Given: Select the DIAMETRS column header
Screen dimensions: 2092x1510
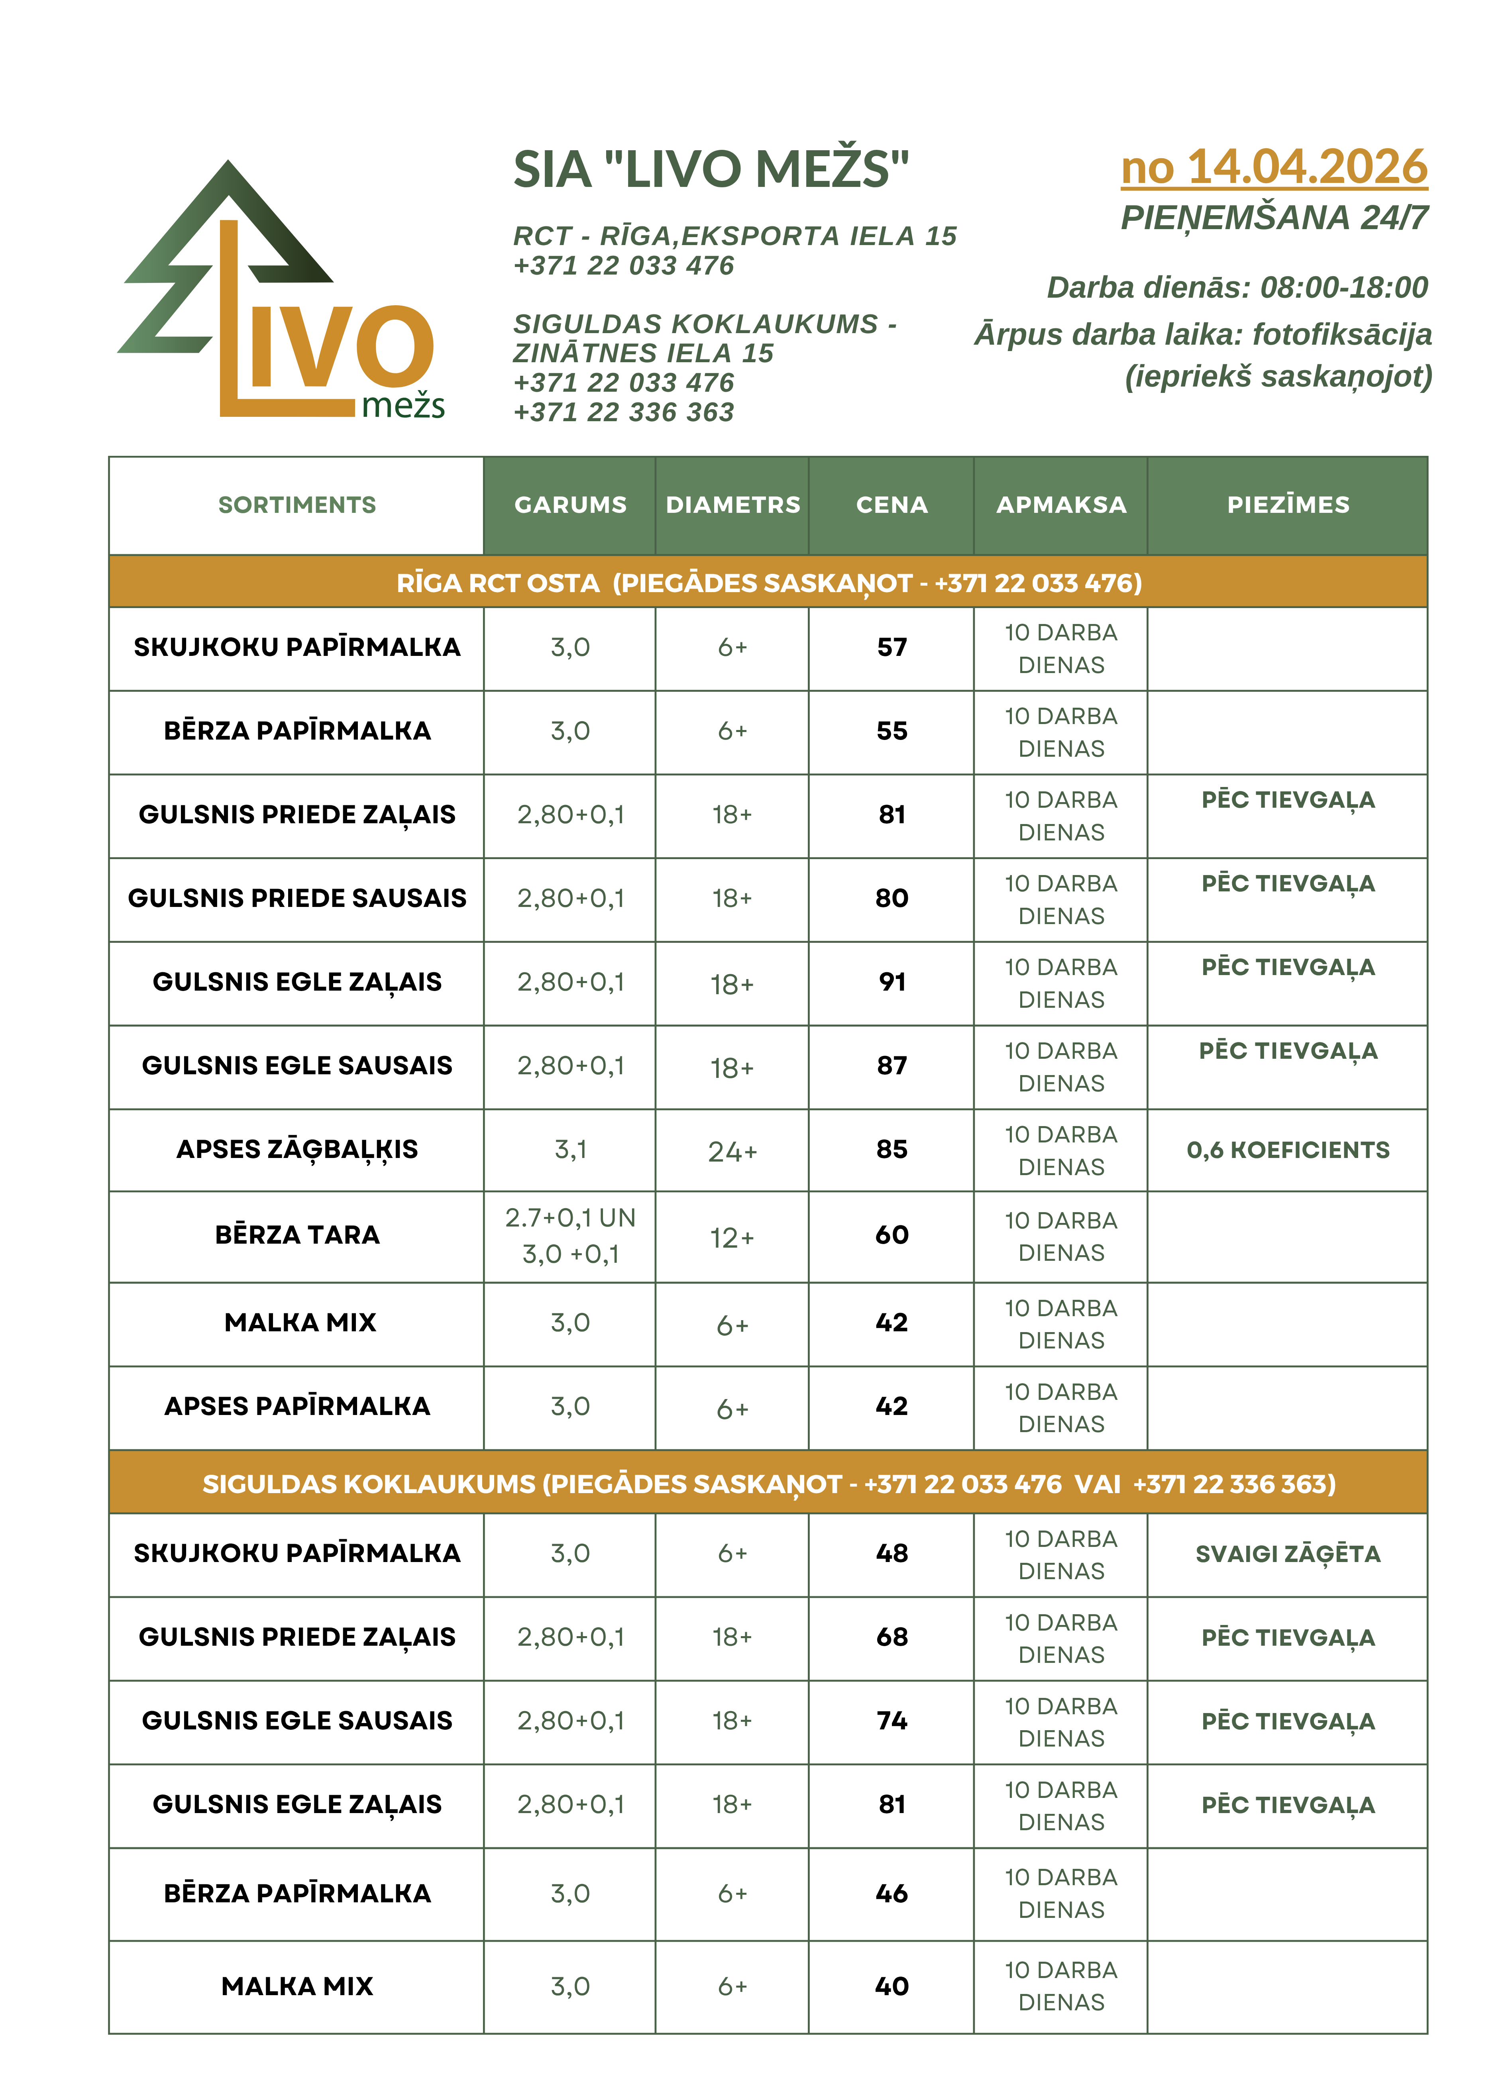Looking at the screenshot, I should (x=732, y=504).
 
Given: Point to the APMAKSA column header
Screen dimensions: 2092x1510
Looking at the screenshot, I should (x=1061, y=504).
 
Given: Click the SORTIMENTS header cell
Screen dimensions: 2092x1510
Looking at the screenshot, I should (x=297, y=504).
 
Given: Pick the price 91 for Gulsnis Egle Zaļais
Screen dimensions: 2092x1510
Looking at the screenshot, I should (x=891, y=981).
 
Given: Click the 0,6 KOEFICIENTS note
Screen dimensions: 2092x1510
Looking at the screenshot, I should (x=1288, y=1149).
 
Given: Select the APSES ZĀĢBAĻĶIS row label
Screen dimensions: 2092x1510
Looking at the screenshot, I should (x=297, y=1149).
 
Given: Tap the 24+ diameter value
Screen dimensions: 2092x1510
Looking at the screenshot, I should (x=732, y=1151).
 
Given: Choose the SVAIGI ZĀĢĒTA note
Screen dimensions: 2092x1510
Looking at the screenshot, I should (x=1288, y=1554).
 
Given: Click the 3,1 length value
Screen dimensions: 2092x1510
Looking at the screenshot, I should (x=570, y=1149).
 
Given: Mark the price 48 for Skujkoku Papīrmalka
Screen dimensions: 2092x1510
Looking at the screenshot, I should (x=891, y=1553).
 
